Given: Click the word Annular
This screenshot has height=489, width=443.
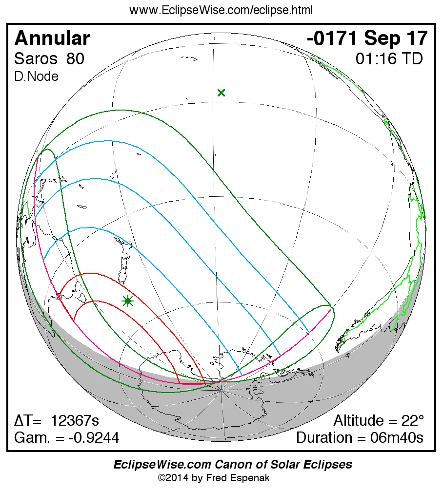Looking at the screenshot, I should (52, 38).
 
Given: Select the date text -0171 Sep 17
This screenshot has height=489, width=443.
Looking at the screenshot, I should (367, 38).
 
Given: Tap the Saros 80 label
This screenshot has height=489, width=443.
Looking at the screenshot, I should (49, 59).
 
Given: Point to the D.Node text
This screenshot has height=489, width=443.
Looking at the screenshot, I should (36, 76).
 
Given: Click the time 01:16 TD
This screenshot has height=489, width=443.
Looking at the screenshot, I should (389, 59).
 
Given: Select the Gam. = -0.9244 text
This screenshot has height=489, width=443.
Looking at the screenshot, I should (66, 437).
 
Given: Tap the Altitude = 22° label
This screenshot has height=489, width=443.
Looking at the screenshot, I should (379, 421).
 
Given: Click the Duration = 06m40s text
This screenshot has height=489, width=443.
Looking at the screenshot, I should (360, 437).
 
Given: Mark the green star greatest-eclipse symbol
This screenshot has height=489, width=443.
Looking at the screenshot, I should (127, 301).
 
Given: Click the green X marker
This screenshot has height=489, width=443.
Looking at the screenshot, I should (221, 93).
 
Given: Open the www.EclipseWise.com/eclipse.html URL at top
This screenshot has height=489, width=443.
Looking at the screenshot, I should (221, 10).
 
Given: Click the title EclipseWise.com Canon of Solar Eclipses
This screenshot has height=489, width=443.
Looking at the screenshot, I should (233, 465).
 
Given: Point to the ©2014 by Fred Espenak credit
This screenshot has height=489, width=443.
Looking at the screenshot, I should (214, 478).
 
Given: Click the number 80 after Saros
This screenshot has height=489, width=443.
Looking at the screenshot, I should (75, 59).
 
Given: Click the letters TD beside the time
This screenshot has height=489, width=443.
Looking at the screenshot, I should (413, 59).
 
